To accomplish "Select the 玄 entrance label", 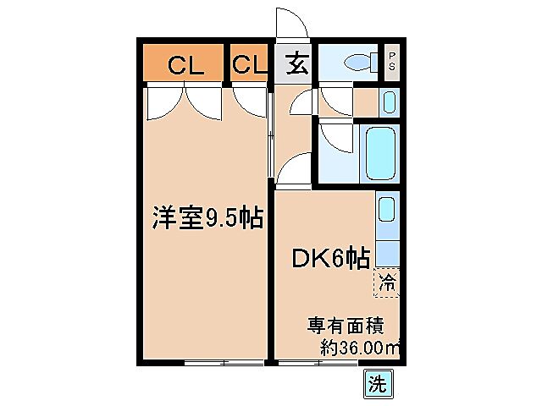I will [x=296, y=64].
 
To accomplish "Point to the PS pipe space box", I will [x=392, y=61].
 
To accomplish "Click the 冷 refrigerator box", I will [x=386, y=282].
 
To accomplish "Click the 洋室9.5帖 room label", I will [x=206, y=218].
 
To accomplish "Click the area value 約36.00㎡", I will [x=359, y=347].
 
